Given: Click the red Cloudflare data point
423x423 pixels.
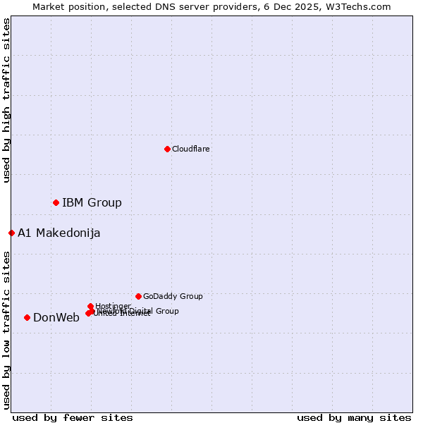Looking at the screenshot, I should pos(167,149).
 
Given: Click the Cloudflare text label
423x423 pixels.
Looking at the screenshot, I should pos(191,149).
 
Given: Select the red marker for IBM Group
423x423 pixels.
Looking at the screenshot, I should pos(56,202).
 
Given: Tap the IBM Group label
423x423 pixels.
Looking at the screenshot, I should pos(92,202).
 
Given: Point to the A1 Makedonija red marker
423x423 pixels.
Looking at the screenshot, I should pos(11,233).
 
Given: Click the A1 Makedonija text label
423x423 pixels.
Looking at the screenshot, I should pos(59,233).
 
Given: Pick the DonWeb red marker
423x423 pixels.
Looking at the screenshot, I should pos(27,317).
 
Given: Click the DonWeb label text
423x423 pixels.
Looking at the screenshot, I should pos(56,317).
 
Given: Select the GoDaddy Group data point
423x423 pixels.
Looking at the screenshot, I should pos(138,296).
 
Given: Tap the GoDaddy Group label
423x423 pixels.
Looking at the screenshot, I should pos(173,296).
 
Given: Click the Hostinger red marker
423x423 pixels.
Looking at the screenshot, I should pos(90,306).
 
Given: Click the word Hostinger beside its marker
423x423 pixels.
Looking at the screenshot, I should pos(113,305).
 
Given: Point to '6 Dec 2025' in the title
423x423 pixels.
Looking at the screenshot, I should pos(304,6).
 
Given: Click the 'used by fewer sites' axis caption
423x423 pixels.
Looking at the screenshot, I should pos(73,417).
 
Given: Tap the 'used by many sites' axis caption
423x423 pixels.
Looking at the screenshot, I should pos(354,417).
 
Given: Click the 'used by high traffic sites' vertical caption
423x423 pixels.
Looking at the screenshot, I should pos(6,101).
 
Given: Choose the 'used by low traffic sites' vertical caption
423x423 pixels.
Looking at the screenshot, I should pos(6,330).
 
